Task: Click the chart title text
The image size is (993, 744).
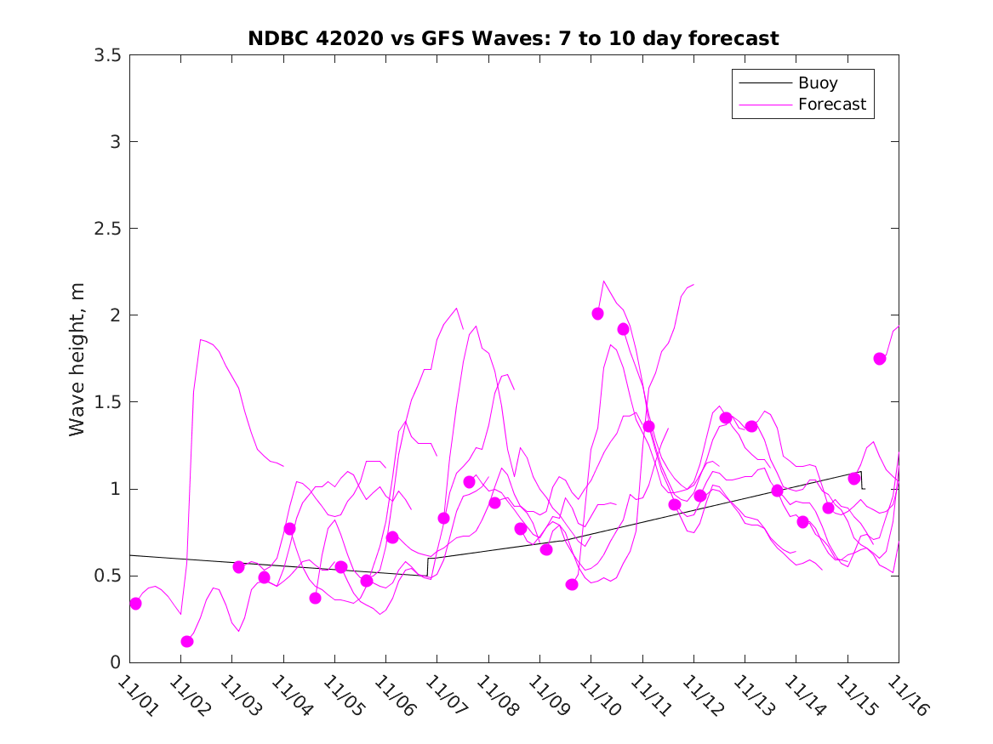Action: pyautogui.click(x=513, y=38)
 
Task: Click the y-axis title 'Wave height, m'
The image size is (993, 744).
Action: pyautogui.click(x=77, y=359)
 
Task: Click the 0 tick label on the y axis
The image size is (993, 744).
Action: pyautogui.click(x=116, y=662)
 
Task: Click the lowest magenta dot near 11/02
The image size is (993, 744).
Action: pyautogui.click(x=187, y=641)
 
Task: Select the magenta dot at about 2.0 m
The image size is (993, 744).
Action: pyautogui.click(x=597, y=314)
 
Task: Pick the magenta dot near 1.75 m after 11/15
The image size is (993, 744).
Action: pyautogui.click(x=880, y=359)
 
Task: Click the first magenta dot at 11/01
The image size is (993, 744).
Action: pyautogui.click(x=135, y=604)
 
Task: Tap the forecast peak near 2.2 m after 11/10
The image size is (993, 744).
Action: pyautogui.click(x=604, y=281)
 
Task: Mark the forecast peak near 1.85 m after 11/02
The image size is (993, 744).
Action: pyautogui.click(x=202, y=340)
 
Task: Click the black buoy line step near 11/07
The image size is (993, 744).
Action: pyautogui.click(x=427, y=567)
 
